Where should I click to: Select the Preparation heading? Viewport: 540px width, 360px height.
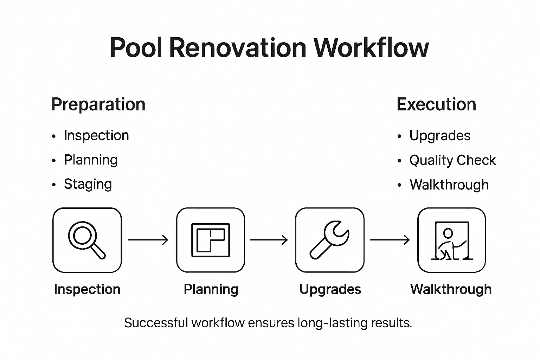point(98,104)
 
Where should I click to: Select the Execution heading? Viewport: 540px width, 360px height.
point(436,104)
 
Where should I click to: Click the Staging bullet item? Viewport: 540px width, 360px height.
point(88,184)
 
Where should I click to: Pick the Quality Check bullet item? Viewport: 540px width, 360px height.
point(452,160)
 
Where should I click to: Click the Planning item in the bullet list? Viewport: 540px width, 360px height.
point(91,160)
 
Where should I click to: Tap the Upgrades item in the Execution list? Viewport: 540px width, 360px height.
point(439,136)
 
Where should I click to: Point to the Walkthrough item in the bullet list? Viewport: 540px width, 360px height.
point(449,185)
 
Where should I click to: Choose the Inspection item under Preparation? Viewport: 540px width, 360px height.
point(96,136)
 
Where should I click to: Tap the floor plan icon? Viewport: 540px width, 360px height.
point(210,240)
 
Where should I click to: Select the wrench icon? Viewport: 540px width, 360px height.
point(329,240)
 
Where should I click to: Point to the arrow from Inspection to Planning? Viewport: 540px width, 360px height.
point(148,240)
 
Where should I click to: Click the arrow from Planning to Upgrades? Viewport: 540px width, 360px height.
point(269,240)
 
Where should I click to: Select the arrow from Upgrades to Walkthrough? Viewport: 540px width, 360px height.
point(390,240)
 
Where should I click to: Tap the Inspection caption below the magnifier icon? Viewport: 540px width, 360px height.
point(87,289)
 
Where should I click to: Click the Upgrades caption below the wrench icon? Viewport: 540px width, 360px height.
point(330,289)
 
